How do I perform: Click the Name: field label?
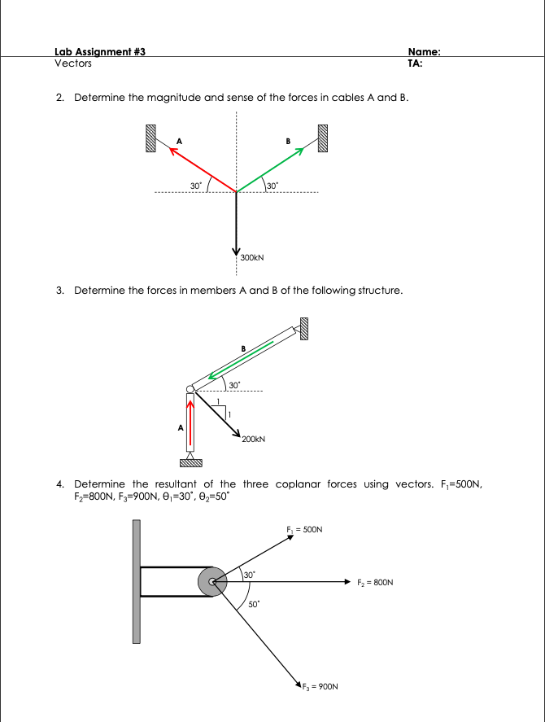pyautogui.click(x=423, y=51)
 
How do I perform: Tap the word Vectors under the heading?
pyautogui.click(x=73, y=63)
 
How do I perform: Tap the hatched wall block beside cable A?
pyautogui.click(x=150, y=138)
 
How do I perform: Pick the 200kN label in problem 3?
pyautogui.click(x=254, y=439)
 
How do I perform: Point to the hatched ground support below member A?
pyautogui.click(x=190, y=464)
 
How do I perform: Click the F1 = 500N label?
pyautogui.click(x=305, y=529)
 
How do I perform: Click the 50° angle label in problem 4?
pyautogui.click(x=253, y=605)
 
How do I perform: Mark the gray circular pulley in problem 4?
pyautogui.click(x=213, y=582)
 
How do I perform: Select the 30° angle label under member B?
pyautogui.click(x=234, y=383)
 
